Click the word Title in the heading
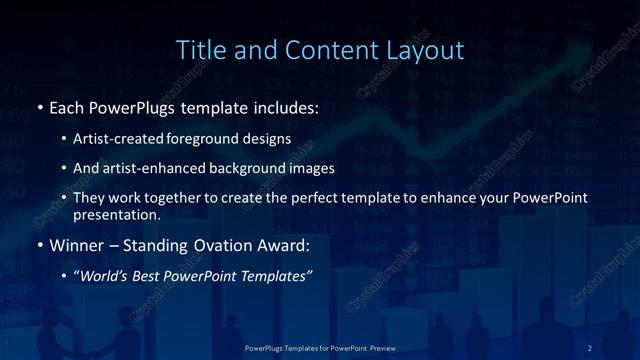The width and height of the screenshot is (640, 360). pyautogui.click(x=199, y=49)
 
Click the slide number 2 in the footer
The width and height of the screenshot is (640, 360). pyautogui.click(x=590, y=347)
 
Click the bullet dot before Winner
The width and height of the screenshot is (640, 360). pyautogui.click(x=39, y=245)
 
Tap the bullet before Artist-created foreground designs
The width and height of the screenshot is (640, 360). pyautogui.click(x=64, y=139)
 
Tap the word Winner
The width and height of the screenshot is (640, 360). pyautogui.click(x=76, y=245)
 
